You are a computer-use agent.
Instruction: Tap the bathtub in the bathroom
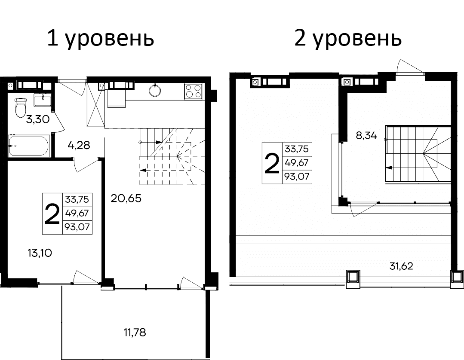click(29, 146)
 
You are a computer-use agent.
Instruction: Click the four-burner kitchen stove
click(193, 91)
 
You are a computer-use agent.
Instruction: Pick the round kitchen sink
click(155, 90)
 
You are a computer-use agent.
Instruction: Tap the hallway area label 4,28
click(79, 145)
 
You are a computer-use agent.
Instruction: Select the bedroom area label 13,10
click(40, 253)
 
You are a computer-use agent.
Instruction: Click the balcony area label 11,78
click(135, 332)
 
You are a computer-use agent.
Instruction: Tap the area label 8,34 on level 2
click(366, 136)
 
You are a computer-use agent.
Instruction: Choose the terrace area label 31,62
click(401, 266)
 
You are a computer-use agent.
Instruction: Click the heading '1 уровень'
click(100, 39)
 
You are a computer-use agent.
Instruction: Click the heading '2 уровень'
click(348, 39)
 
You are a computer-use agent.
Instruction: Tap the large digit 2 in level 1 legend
click(52, 214)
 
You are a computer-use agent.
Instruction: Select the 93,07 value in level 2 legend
click(297, 176)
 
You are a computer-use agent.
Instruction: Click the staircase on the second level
click(417, 153)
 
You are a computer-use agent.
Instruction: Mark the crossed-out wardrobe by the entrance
click(95, 104)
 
